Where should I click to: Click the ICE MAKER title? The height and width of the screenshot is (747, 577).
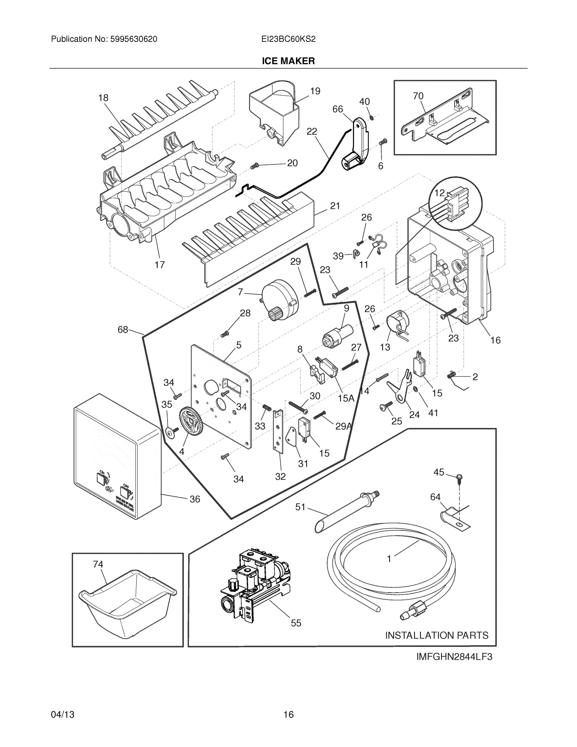288,61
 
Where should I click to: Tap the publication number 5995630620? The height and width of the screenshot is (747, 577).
134,39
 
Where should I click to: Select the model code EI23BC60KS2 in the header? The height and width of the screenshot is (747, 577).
288,39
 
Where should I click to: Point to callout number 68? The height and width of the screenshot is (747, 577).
123,329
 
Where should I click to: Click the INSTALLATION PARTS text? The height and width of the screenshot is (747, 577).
436,635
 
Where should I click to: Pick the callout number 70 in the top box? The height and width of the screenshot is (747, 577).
418,96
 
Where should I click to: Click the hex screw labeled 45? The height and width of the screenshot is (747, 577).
459,477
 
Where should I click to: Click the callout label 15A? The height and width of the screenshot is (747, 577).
346,398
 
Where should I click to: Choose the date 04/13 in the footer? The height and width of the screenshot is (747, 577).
63,715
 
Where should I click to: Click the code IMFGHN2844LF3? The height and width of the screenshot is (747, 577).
454,657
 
